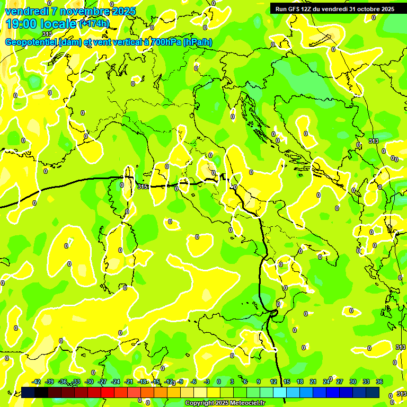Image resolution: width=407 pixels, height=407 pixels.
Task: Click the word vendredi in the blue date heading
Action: pyautogui.click(x=26, y=11)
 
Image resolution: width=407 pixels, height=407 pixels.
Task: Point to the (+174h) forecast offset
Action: pyautogui.click(x=94, y=24)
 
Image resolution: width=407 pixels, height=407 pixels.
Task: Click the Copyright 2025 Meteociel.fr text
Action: pyautogui.click(x=225, y=403)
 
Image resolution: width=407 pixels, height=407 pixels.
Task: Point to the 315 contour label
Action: pyautogui.click(x=142, y=187)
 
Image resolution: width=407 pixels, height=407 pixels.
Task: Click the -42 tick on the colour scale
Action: pyautogui.click(x=36, y=382)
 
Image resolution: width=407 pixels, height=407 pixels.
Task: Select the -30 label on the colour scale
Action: pyautogui.click(x=89, y=382)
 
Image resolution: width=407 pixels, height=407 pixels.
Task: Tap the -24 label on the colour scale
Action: pyautogui.click(x=116, y=382)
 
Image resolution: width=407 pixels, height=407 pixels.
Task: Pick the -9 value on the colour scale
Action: pyautogui.click(x=180, y=382)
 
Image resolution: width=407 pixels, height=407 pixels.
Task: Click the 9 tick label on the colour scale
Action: pyautogui.click(x=259, y=382)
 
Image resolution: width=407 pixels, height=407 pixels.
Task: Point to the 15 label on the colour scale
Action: pyautogui.click(x=287, y=382)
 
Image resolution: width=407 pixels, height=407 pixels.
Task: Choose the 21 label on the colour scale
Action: pyautogui.click(x=313, y=382)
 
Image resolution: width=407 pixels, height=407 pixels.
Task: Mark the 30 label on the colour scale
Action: pyautogui.click(x=353, y=382)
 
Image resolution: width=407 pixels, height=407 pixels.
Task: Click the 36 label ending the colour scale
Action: pyautogui.click(x=379, y=382)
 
